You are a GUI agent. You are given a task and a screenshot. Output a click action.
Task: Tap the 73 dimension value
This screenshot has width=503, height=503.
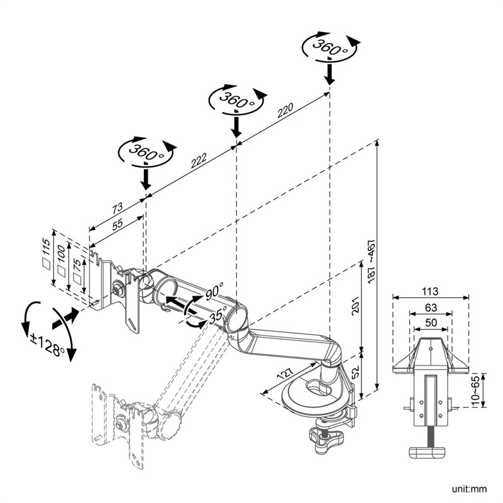coord(118,208)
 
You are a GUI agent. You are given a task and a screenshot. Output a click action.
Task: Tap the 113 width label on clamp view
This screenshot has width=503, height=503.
coord(430,291)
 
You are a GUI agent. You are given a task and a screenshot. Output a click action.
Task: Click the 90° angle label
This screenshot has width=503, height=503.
coord(214,292)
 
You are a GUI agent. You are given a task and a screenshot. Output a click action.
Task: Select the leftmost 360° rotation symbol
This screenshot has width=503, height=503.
coord(146,151)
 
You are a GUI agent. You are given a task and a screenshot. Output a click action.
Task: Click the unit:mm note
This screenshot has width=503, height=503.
coord(469,488)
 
